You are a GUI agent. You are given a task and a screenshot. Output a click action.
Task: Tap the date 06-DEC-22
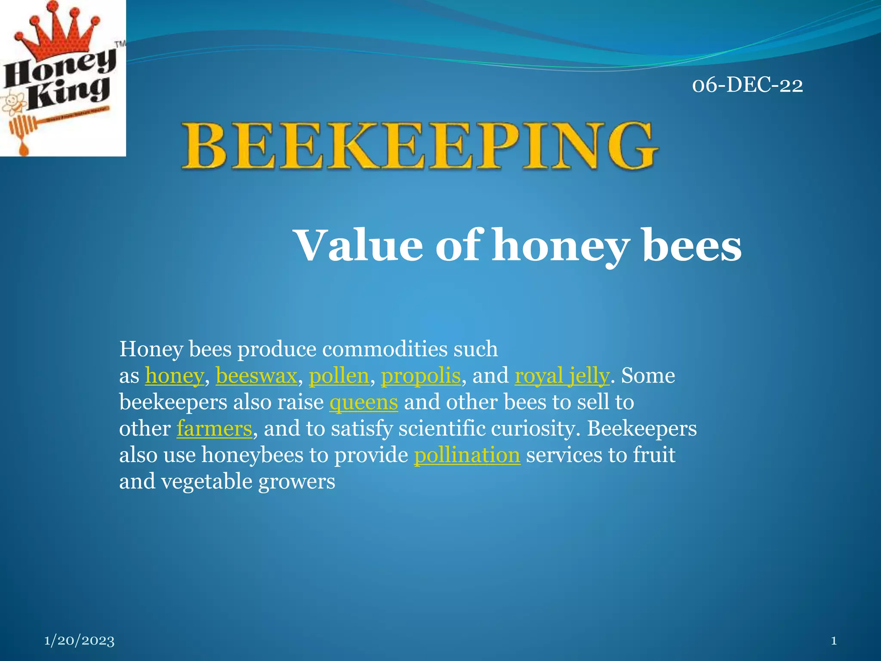[747, 85]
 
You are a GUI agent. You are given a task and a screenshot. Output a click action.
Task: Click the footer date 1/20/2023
[80, 640]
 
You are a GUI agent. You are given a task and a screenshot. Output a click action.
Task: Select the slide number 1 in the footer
[834, 641]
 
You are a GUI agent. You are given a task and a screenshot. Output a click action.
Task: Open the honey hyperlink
[174, 376]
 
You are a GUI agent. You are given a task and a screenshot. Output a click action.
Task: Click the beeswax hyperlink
[256, 376]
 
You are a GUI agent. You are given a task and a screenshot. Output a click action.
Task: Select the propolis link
[421, 376]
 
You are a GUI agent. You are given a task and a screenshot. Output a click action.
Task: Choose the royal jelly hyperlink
[562, 376]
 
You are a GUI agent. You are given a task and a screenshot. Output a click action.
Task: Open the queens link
[363, 402]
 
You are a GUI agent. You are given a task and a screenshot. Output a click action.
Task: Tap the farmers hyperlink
[214, 429]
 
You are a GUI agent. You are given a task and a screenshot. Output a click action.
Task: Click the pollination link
[467, 455]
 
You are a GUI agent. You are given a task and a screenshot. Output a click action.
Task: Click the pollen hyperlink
[339, 376]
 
